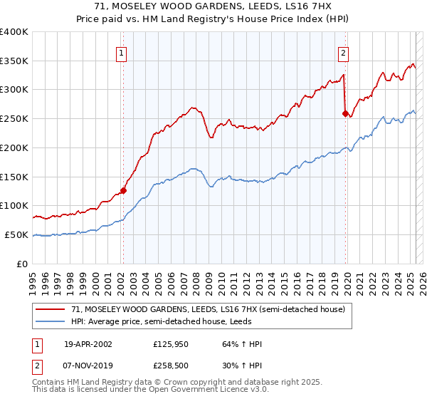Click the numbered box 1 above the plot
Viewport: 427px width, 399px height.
(x=122, y=53)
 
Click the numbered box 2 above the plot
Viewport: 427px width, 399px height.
(x=343, y=53)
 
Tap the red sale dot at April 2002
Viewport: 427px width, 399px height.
(x=123, y=190)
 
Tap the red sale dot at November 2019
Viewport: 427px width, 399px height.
(x=345, y=113)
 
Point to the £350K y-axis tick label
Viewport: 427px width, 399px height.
(x=14, y=61)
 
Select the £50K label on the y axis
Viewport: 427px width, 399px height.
(x=17, y=234)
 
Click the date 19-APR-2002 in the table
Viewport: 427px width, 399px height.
(x=88, y=344)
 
